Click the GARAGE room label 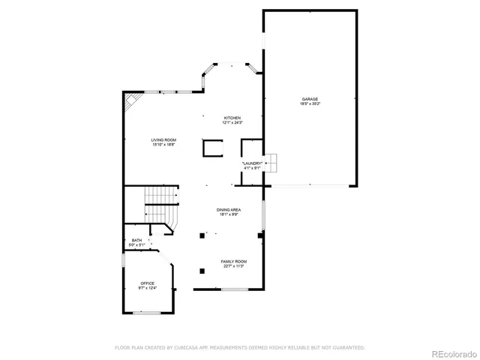pyautogui.click(x=310, y=98)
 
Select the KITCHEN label pyautogui.click(x=232, y=118)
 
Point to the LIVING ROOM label pyautogui.click(x=163, y=139)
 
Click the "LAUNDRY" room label pyautogui.click(x=252, y=163)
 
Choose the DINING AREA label pyautogui.click(x=228, y=209)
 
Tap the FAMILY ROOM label pyautogui.click(x=233, y=262)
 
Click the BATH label pyautogui.click(x=136, y=241)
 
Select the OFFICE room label pyautogui.click(x=147, y=283)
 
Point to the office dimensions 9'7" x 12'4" pyautogui.click(x=147, y=287)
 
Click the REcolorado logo pyautogui.click(x=451, y=352)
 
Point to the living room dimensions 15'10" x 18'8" pyautogui.click(x=163, y=144)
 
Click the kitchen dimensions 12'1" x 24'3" pyautogui.click(x=232, y=122)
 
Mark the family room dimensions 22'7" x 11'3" pyautogui.click(x=233, y=266)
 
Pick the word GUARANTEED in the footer pyautogui.click(x=348, y=347)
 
